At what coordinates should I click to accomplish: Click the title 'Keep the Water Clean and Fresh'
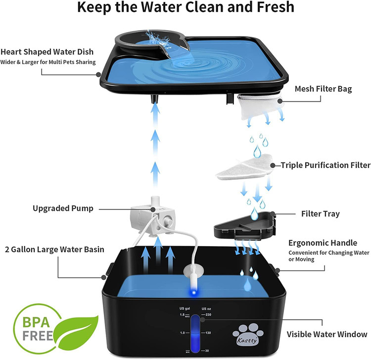point(185,7)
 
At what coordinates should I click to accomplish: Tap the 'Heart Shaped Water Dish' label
point(47,52)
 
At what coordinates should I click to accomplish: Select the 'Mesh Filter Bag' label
point(323,89)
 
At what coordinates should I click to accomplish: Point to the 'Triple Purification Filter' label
point(325,165)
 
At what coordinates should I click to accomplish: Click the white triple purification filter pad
point(244,167)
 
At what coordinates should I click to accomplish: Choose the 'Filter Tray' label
point(321,214)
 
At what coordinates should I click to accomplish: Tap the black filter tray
point(245,226)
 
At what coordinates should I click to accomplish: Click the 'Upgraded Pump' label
point(63,208)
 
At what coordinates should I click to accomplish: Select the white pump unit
point(153,217)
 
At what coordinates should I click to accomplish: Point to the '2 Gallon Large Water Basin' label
point(54,250)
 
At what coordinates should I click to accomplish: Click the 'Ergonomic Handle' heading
point(323,243)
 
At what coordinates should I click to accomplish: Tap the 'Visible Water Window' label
point(327,334)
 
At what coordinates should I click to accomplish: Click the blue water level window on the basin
point(195,333)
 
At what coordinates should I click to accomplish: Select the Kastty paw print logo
point(248,334)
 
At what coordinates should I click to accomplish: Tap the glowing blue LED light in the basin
point(194,292)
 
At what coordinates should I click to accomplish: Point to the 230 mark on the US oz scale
point(208,314)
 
